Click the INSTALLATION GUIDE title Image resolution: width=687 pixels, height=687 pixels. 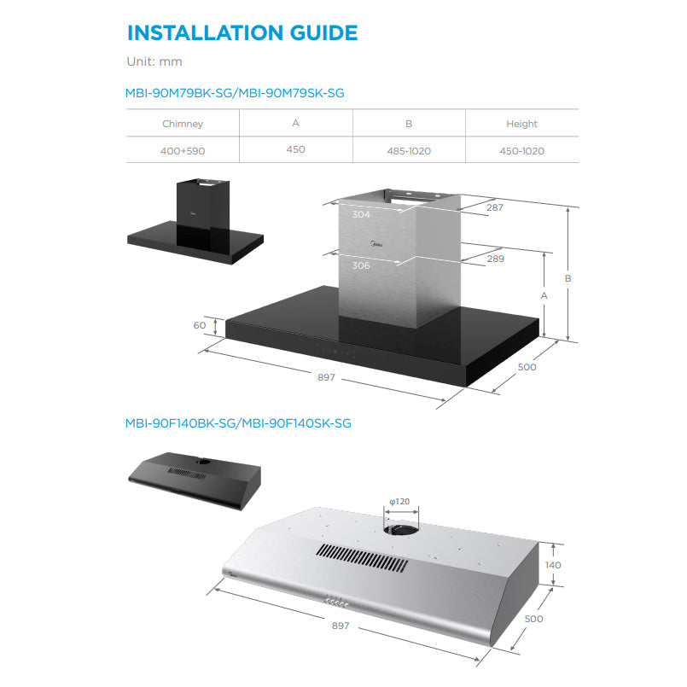pyautogui.click(x=242, y=33)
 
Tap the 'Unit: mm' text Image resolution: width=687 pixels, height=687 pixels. pyautogui.click(x=154, y=61)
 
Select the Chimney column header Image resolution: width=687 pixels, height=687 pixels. pyautogui.click(x=183, y=124)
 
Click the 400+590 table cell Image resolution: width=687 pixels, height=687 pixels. pyautogui.click(x=183, y=151)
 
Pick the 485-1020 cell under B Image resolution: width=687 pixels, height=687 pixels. pyautogui.click(x=409, y=151)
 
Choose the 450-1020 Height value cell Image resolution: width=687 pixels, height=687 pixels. pyautogui.click(x=521, y=151)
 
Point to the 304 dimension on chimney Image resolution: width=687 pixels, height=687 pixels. pyautogui.click(x=361, y=214)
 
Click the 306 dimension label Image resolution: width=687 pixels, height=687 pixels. pyautogui.click(x=361, y=265)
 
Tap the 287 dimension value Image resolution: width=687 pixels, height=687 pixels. pyautogui.click(x=495, y=207)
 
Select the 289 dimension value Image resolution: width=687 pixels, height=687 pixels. pyautogui.click(x=496, y=259)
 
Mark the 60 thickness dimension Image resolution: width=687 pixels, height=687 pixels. pyautogui.click(x=200, y=325)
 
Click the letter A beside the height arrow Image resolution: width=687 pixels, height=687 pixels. pyautogui.click(x=544, y=296)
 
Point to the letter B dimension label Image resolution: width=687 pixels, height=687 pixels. pyautogui.click(x=568, y=279)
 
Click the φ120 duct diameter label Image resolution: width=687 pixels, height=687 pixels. pyautogui.click(x=399, y=501)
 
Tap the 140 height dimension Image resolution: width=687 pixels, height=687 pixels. pyautogui.click(x=553, y=565)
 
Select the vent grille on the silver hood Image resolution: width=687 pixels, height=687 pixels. pyautogui.click(x=362, y=558)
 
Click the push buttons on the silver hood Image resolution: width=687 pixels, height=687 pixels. pyautogui.click(x=336, y=603)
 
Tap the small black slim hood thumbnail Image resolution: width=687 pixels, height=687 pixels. pyautogui.click(x=195, y=481)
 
